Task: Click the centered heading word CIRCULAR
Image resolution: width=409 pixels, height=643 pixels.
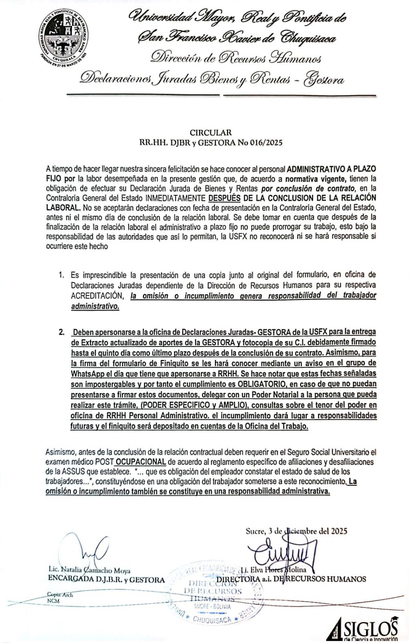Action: pyautogui.click(x=210, y=132)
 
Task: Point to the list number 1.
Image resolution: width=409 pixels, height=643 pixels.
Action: pyautogui.click(x=61, y=274)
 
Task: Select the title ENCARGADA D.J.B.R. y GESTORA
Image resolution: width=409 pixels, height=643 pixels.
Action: pyautogui.click(x=106, y=580)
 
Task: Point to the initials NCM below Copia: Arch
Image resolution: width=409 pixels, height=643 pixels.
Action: pyautogui.click(x=53, y=600)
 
